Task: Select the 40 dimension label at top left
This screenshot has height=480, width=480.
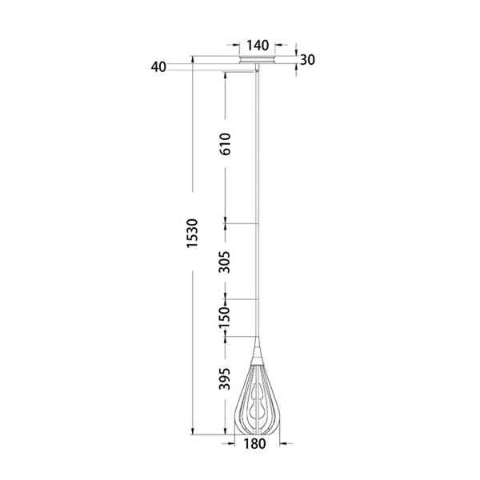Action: point(157,67)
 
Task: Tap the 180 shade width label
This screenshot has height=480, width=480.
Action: point(256,446)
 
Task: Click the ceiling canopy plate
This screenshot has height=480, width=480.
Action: point(257,60)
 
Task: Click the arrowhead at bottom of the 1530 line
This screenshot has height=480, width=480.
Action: point(193,432)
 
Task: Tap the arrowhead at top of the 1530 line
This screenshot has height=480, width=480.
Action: point(193,59)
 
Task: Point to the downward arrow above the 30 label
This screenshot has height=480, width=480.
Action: point(296,49)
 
